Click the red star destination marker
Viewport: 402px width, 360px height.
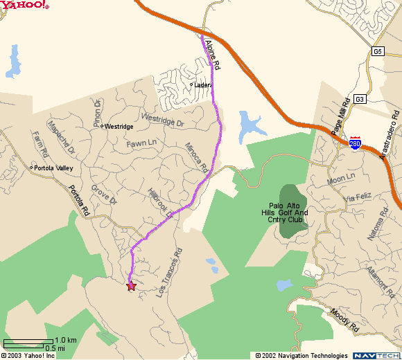tap(131, 285)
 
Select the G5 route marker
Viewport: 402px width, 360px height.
tap(377, 51)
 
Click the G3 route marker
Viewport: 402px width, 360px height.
tap(359, 99)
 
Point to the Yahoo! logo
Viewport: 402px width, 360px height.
tap(24, 6)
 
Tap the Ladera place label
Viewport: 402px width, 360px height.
tap(202, 85)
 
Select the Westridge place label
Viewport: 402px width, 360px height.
tap(118, 127)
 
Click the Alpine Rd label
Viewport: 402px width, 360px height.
tap(212, 55)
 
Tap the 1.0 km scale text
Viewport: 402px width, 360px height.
tap(66, 340)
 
